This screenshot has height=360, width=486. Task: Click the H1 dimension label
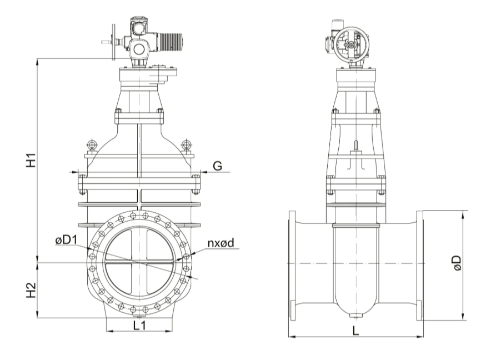31,160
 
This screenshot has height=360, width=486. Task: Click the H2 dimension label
31,290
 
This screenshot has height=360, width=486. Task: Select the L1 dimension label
139,325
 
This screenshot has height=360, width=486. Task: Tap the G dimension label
218,166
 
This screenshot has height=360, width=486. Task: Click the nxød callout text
221,243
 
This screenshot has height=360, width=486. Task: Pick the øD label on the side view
457,263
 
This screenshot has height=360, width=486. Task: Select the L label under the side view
356,331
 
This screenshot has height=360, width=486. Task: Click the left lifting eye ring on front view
92,144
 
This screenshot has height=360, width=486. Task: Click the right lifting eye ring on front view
186,144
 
